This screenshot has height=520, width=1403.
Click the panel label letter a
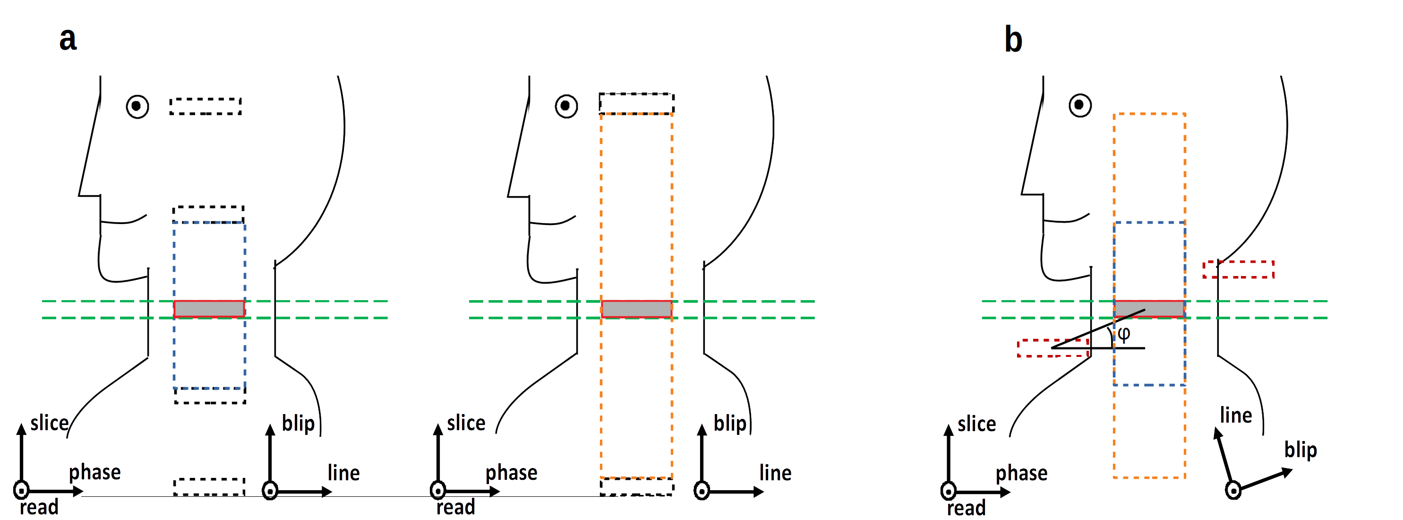click(x=68, y=40)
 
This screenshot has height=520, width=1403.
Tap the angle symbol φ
click(x=1124, y=333)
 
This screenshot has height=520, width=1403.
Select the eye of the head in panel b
click(x=1079, y=105)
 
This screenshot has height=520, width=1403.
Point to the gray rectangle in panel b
click(x=1149, y=309)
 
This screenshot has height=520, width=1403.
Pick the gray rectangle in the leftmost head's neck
click(x=209, y=309)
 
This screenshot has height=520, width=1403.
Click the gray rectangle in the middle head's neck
click(x=637, y=309)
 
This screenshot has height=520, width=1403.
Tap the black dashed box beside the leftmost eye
click(x=205, y=106)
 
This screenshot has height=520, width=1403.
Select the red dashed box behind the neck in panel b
click(x=1239, y=269)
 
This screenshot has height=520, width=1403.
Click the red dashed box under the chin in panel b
click(x=1053, y=348)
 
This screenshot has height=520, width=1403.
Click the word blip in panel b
click(x=1300, y=450)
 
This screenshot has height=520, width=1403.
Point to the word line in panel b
click(x=1236, y=416)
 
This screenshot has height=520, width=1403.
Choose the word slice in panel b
click(x=976, y=424)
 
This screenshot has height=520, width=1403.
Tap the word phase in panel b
click(x=1021, y=473)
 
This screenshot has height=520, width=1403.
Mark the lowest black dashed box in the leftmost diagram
click(x=209, y=487)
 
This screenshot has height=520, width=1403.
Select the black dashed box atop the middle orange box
click(x=637, y=104)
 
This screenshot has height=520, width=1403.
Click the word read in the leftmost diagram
click(x=39, y=507)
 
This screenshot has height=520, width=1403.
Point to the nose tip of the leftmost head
click(x=79, y=195)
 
